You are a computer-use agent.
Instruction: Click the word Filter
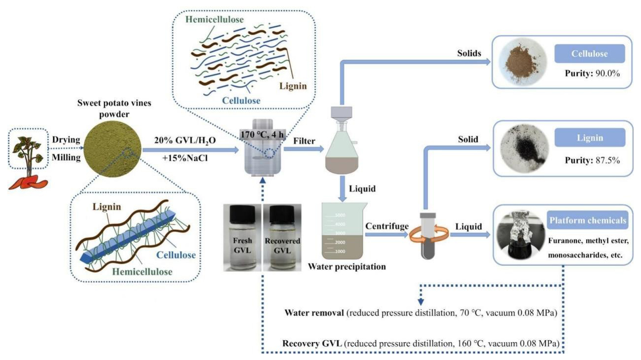tap(304, 141)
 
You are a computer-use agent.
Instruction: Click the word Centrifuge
tap(386, 226)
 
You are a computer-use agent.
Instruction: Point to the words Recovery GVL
tap(311, 343)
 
